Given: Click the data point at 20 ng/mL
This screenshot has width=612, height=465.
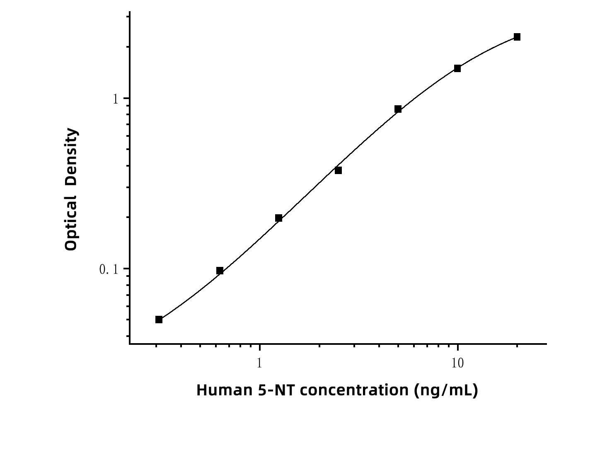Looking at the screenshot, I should click(517, 37).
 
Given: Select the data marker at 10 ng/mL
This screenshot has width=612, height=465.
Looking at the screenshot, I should click(457, 68).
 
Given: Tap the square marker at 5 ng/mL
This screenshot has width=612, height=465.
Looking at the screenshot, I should click(398, 109).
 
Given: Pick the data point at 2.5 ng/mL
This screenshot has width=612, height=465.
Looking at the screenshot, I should click(338, 170).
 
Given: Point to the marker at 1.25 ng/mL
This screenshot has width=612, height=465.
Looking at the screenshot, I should click(278, 218).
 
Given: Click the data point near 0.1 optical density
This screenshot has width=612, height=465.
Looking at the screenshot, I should click(220, 271).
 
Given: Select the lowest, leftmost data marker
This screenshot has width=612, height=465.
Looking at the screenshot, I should click(159, 320).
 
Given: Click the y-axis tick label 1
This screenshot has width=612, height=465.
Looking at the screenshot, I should click(115, 99).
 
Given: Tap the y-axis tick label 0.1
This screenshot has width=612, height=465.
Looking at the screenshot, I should click(109, 270).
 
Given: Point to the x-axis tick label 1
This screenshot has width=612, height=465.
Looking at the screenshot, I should click(259, 363).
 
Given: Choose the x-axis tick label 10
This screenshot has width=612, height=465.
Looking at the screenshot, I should click(457, 363).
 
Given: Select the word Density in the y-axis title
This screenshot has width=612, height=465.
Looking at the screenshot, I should click(71, 157).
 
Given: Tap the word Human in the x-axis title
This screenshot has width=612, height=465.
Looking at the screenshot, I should click(224, 390).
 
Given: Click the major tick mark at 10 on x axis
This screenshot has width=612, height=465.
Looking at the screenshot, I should click(457, 348).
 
